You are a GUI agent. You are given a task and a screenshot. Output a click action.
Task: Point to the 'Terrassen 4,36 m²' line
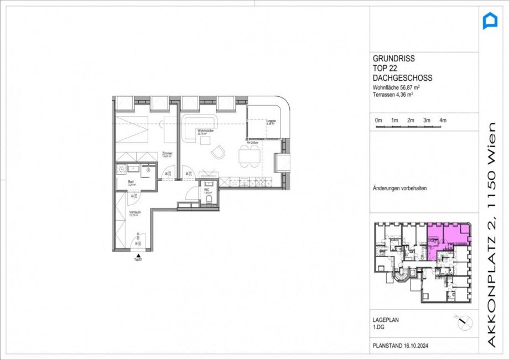[393, 95]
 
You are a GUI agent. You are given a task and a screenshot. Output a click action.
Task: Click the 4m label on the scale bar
[443, 121]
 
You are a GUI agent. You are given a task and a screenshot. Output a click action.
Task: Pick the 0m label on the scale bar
[378, 121]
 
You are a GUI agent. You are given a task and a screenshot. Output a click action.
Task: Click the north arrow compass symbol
[463, 321]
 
